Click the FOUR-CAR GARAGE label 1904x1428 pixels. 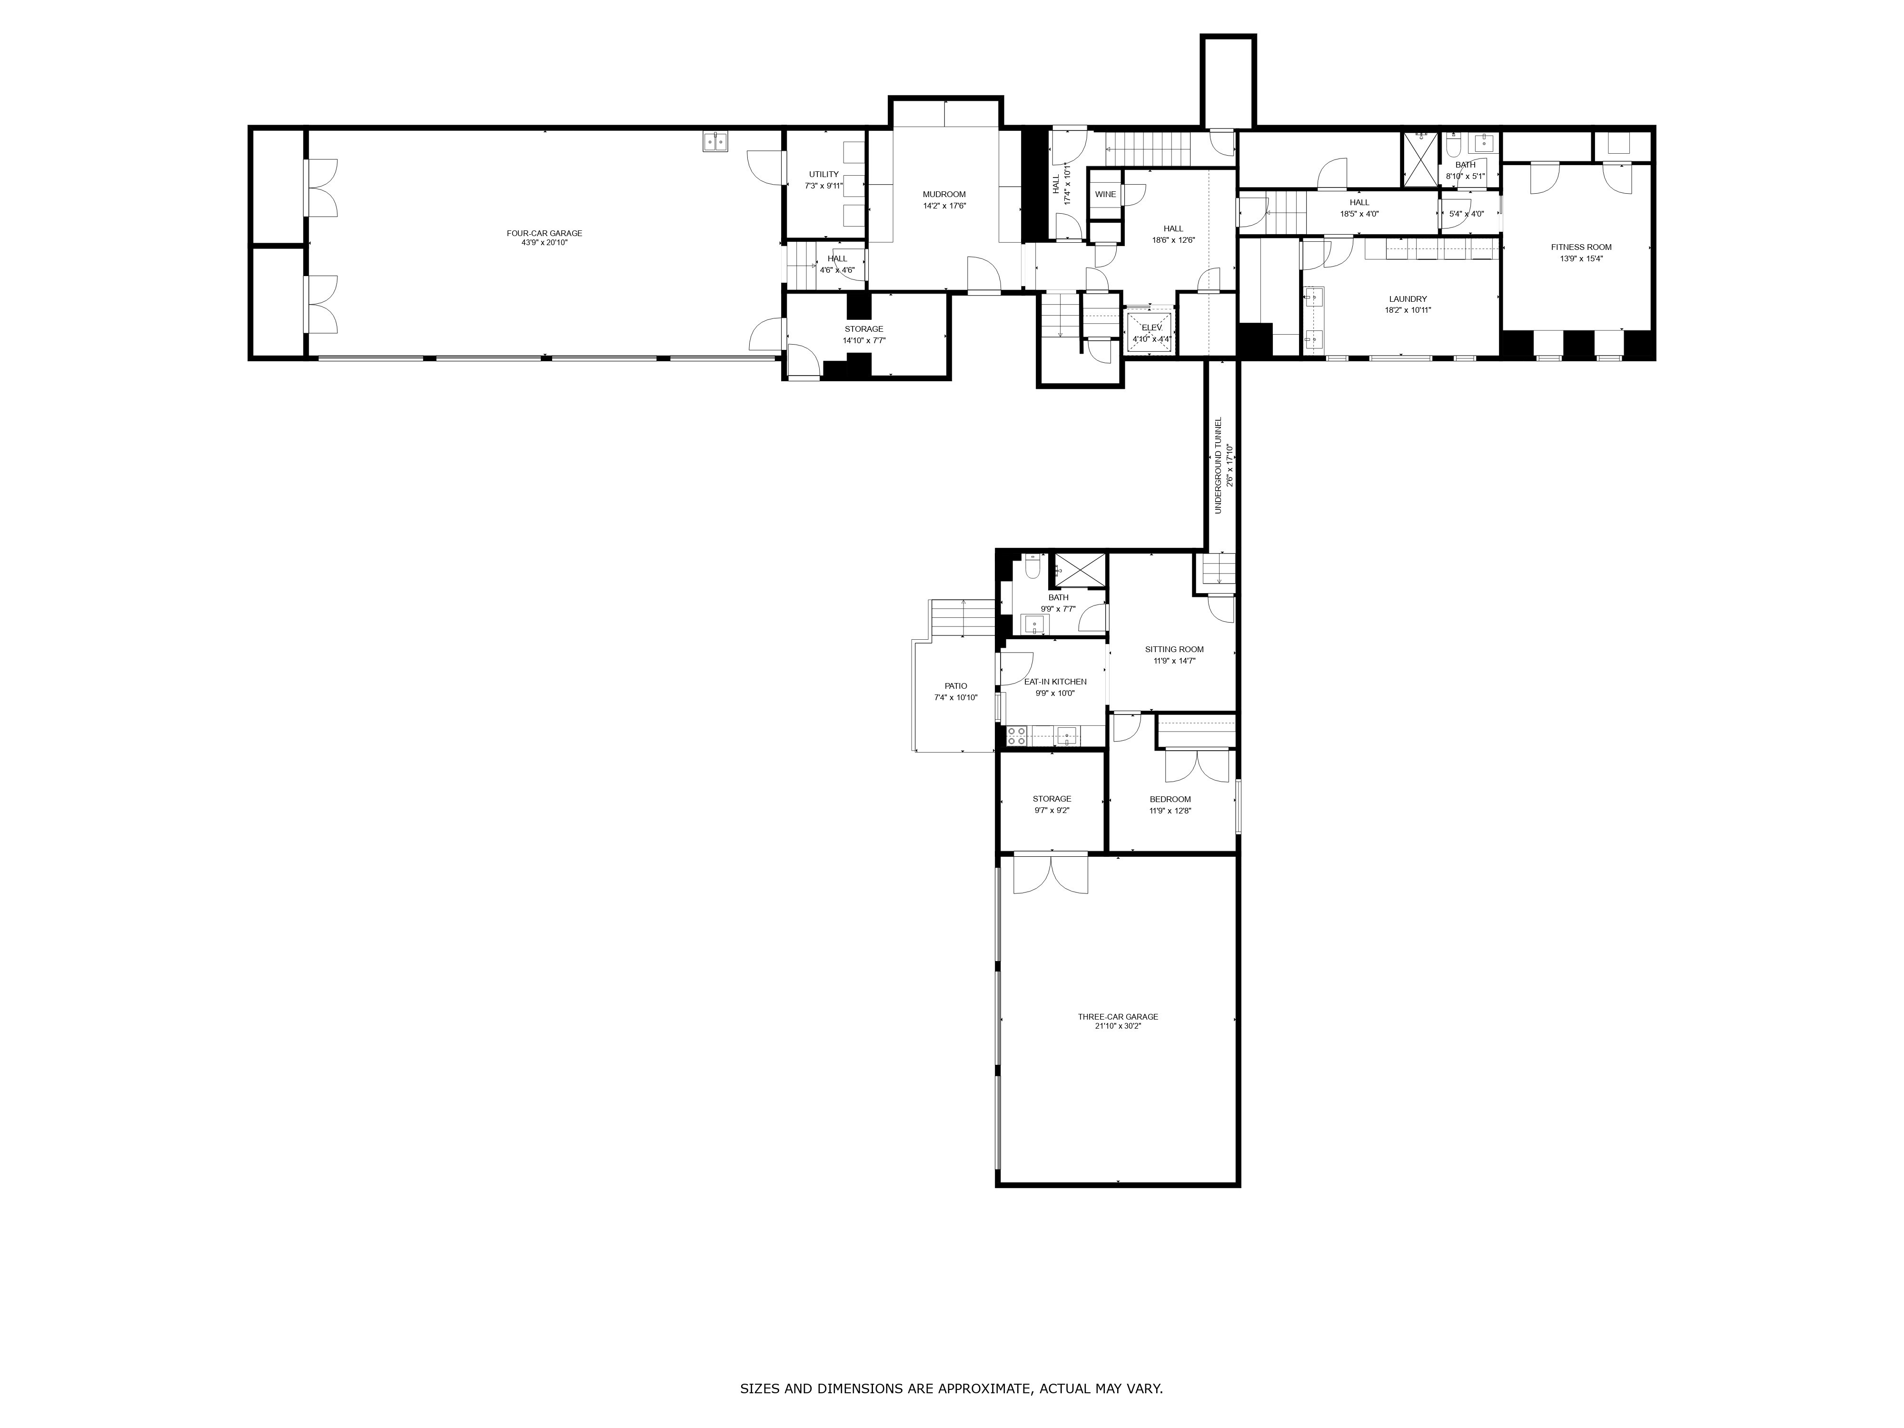[x=544, y=233]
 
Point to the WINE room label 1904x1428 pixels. [x=1105, y=195]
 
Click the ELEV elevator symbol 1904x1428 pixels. [x=1151, y=332]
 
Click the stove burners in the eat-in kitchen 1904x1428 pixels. [x=1017, y=736]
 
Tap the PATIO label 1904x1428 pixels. [x=955, y=686]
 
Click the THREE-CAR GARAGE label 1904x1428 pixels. [x=1117, y=1017]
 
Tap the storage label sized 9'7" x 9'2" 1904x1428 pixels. [x=1052, y=799]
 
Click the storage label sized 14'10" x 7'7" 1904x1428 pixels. [x=863, y=329]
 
